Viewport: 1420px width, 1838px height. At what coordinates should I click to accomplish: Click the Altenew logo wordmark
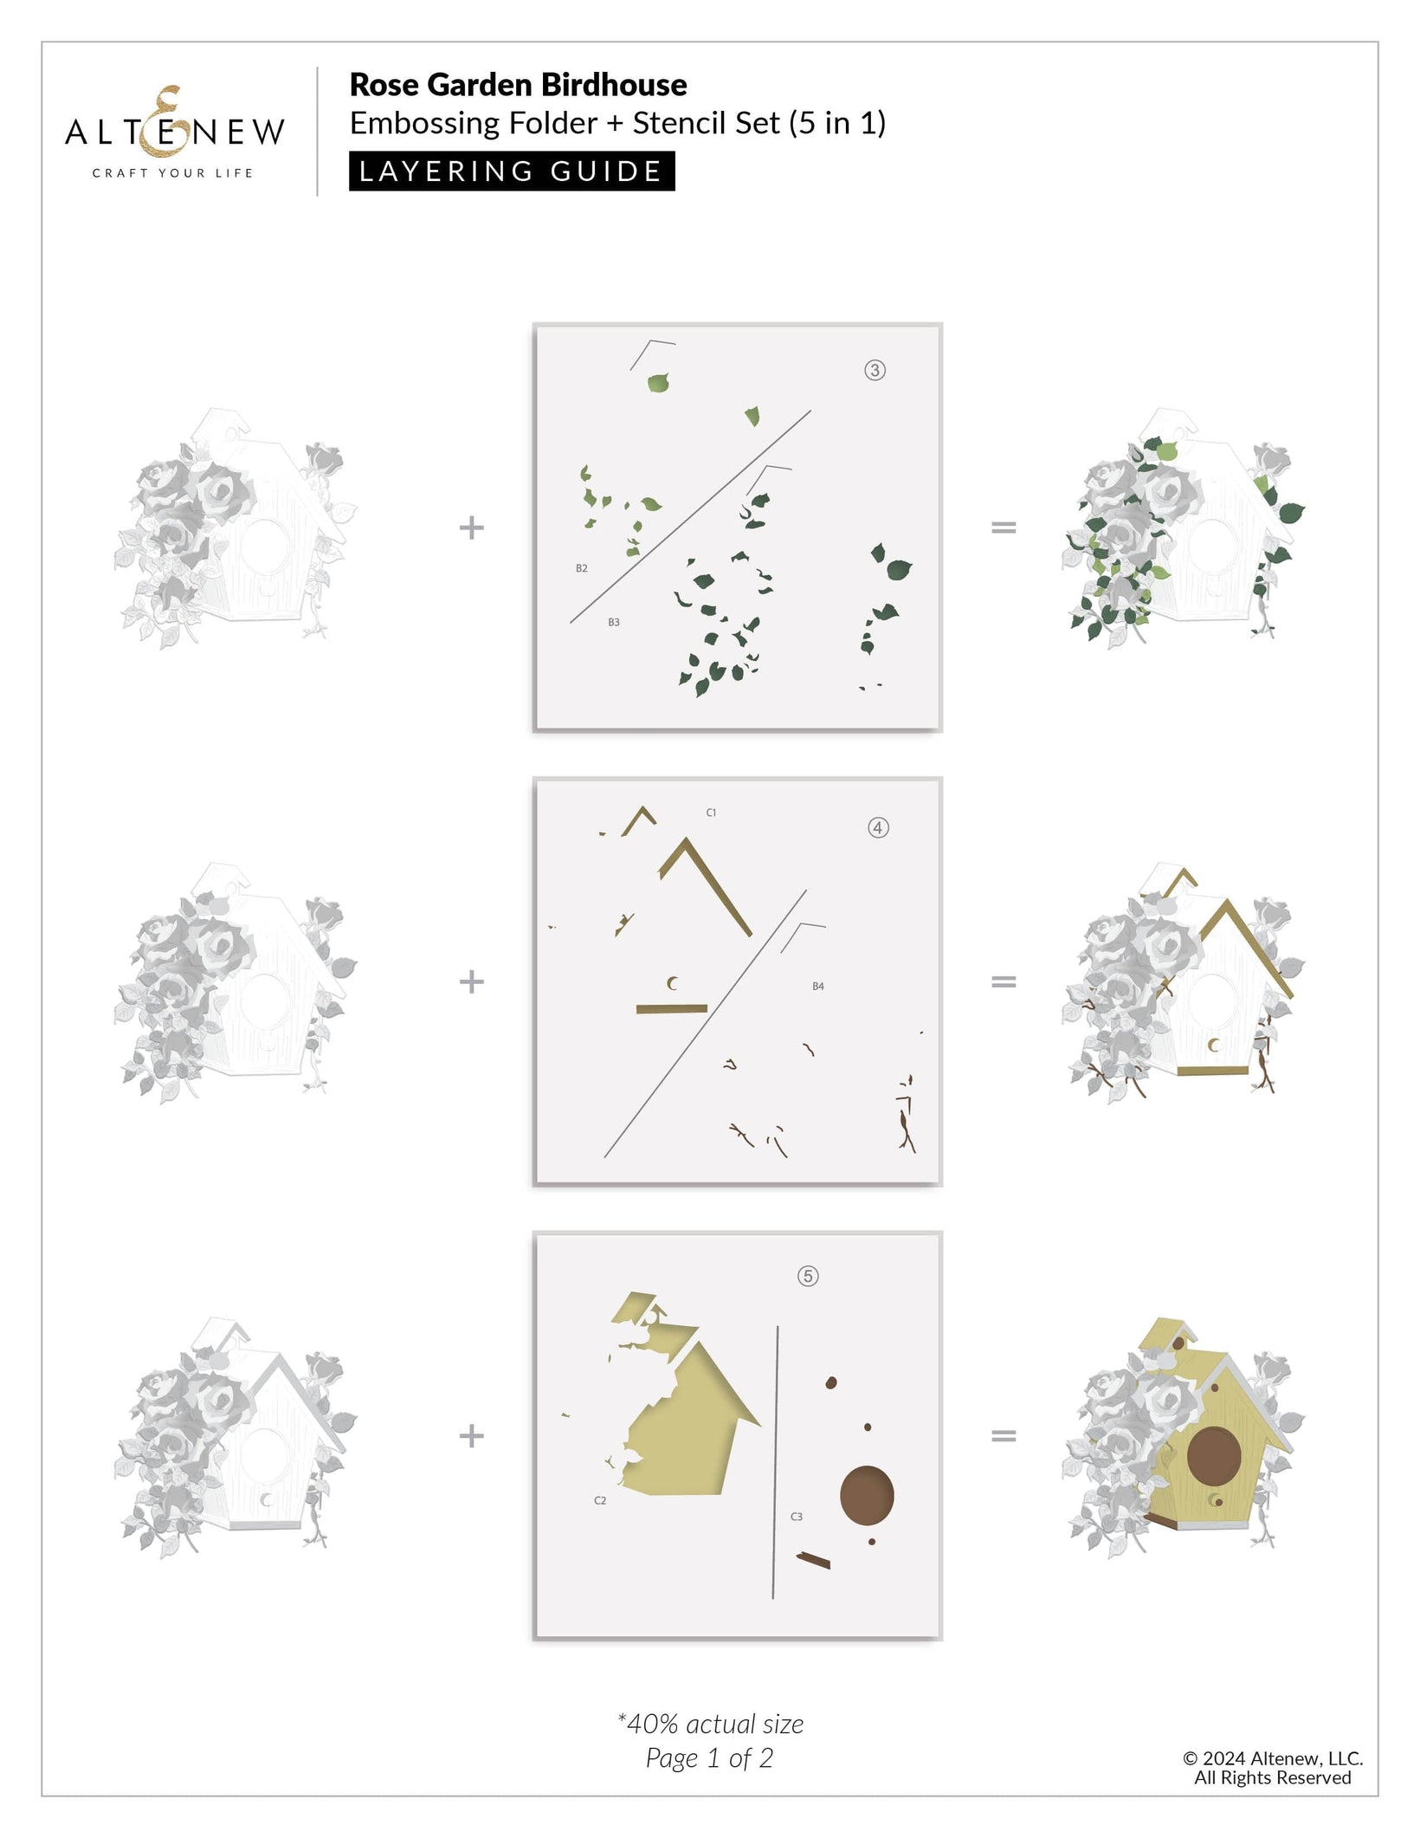[174, 132]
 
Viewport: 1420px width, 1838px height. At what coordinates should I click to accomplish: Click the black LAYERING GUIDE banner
[512, 171]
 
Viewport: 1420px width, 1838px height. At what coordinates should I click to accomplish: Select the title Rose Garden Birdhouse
[518, 85]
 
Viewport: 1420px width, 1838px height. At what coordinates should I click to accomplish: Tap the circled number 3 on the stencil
[875, 371]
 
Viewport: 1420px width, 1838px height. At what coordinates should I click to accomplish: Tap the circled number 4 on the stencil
[878, 828]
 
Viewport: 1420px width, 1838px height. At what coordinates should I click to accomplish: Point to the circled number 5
[808, 1276]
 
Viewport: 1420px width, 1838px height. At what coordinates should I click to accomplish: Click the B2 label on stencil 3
[582, 569]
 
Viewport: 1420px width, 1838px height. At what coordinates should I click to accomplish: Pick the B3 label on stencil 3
[614, 623]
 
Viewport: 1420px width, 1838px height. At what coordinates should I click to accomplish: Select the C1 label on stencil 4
[711, 813]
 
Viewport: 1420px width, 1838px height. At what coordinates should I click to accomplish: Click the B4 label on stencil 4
[818, 987]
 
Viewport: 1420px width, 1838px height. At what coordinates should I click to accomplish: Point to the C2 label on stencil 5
[600, 1500]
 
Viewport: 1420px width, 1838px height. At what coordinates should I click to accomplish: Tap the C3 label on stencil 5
[797, 1517]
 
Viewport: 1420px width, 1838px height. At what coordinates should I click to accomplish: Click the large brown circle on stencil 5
[867, 1496]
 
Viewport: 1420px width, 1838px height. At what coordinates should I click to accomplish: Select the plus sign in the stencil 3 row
[471, 527]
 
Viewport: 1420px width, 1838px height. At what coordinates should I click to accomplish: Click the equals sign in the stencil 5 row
[1004, 1436]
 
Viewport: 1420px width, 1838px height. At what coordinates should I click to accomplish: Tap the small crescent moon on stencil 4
[672, 983]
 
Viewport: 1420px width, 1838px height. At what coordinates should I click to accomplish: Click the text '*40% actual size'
[711, 1725]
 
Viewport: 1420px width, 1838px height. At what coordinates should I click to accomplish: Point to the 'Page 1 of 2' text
[709, 1758]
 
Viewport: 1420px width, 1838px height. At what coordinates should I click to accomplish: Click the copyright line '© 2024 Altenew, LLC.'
[1273, 1758]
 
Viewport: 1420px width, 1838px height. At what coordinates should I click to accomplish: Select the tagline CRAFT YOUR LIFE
[173, 173]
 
